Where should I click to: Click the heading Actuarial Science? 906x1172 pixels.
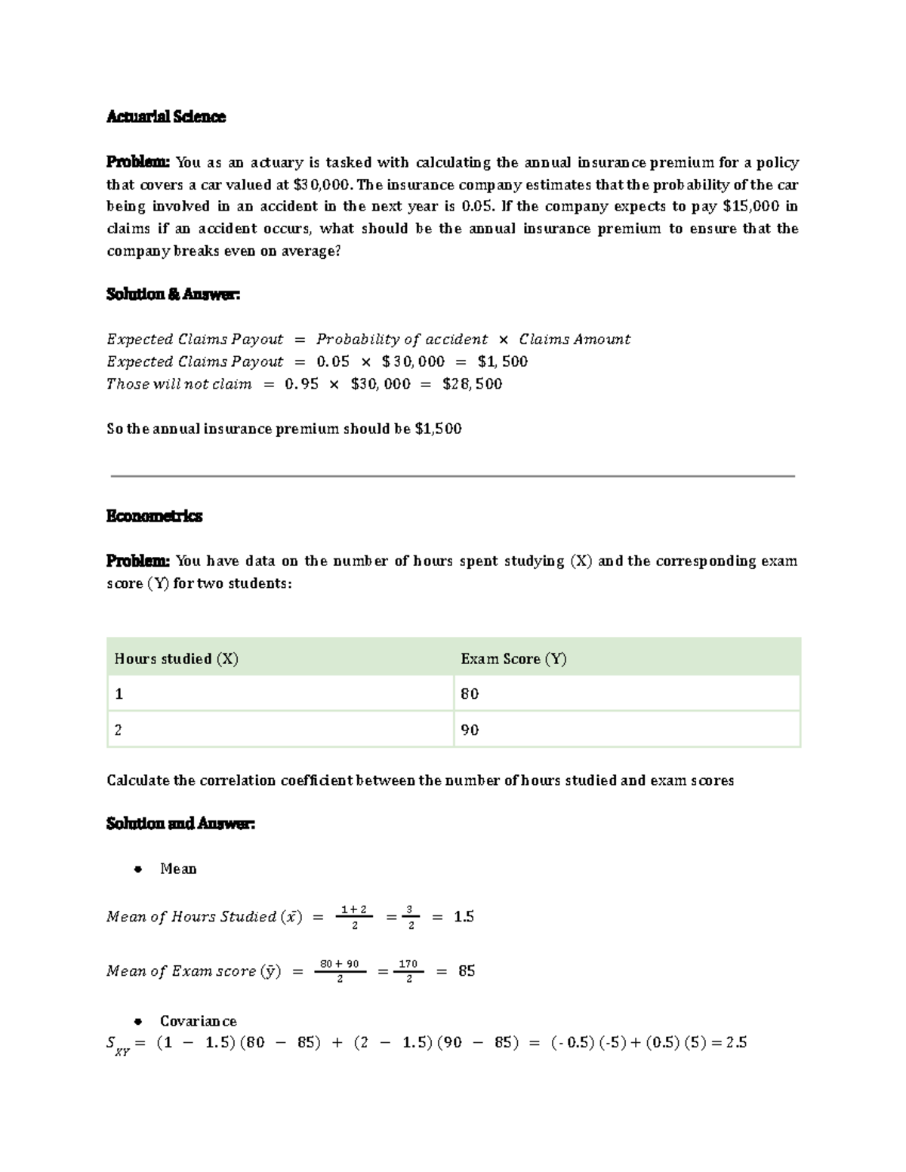point(166,117)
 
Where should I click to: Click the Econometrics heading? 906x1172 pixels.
point(154,516)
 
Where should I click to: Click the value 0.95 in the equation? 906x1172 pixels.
point(301,384)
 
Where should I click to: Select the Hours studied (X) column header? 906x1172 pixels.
point(176,659)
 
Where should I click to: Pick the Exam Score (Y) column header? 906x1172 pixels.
point(513,659)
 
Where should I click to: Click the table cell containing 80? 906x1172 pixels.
point(470,694)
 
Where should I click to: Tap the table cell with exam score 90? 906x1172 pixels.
point(470,730)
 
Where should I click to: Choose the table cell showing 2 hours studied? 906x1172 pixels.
point(119,730)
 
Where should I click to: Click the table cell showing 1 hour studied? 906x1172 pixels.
point(119,694)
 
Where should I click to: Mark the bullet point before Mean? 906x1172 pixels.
point(137,869)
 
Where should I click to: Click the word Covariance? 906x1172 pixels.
point(198,1021)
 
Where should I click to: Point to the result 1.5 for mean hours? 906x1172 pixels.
point(464,917)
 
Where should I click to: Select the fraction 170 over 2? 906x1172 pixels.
point(408,971)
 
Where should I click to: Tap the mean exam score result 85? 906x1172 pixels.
point(467,971)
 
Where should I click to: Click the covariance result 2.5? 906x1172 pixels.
point(735,1043)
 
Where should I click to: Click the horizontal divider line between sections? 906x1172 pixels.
point(453,476)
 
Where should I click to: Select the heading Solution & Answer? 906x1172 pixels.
point(173,295)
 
